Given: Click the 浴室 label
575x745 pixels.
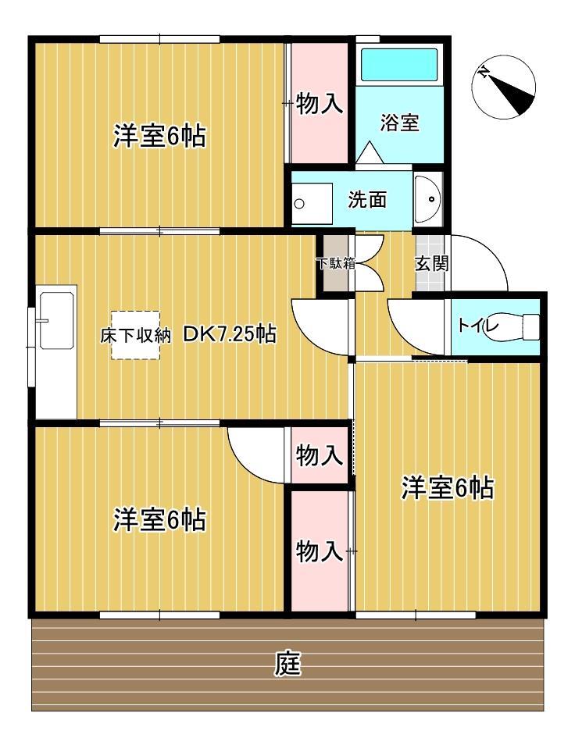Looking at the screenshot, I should point(399,123).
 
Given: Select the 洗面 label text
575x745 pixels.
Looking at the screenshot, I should point(367,200).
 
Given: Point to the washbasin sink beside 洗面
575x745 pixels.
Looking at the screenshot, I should point(427,200).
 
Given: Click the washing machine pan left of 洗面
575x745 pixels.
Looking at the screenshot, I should point(311,201).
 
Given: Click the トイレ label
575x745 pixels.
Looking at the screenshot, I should point(475,326).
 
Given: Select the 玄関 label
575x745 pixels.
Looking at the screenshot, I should point(431,263).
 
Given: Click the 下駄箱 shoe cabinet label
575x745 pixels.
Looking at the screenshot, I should point(335,263).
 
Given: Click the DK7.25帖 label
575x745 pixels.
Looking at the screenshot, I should point(229,335).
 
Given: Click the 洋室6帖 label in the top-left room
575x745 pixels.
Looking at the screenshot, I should point(159,137).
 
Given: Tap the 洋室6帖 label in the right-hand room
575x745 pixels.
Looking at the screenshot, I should point(447,488).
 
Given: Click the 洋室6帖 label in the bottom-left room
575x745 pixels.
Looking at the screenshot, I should point(159,519).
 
